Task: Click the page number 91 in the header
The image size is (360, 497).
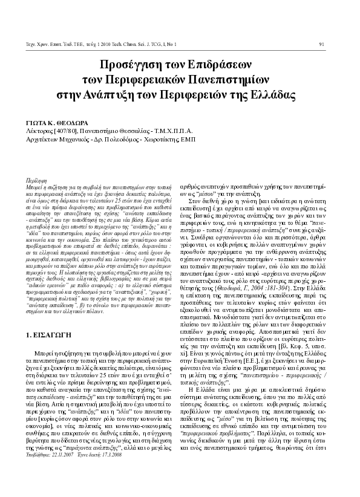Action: point(321,42)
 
